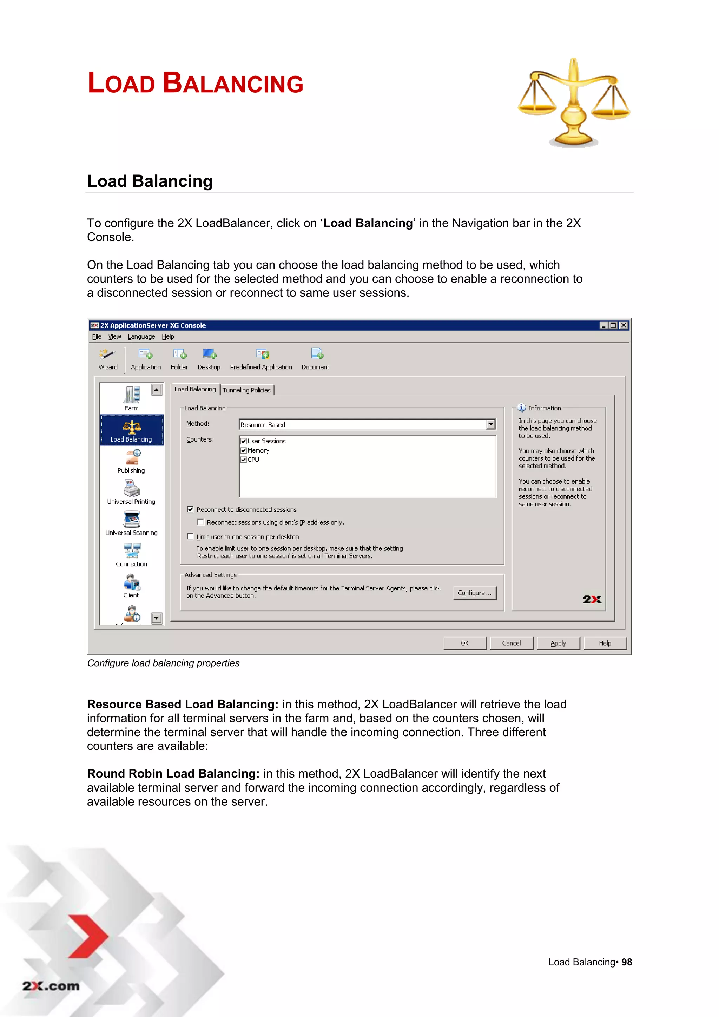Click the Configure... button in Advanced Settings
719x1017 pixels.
474,593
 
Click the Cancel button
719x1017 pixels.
511,643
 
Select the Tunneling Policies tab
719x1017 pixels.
247,390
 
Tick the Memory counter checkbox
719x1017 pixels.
244,450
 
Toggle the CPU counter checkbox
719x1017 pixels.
244,459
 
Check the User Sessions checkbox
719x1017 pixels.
244,441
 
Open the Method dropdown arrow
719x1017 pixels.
490,424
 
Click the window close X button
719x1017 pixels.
623,325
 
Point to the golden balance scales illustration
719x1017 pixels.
573,103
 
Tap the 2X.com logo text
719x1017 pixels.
51,986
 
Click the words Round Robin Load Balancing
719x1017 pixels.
173,773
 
